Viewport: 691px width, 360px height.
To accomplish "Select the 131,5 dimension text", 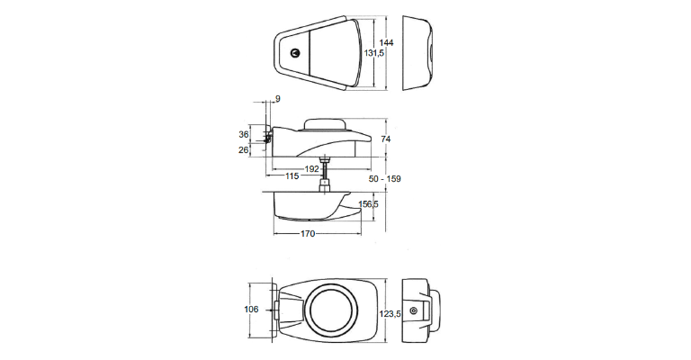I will pyautogui.click(x=373, y=54).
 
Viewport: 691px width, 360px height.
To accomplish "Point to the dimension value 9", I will pyautogui.click(x=278, y=98).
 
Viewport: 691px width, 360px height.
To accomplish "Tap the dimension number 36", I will pyautogui.click(x=243, y=134).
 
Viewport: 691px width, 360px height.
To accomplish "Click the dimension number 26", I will pyautogui.click(x=243, y=150).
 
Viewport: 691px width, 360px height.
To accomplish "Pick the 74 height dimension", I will pyautogui.click(x=387, y=139).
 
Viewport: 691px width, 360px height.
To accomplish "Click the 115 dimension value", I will pyautogui.click(x=292, y=176).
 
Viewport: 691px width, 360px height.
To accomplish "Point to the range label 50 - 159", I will pyautogui.click(x=385, y=179).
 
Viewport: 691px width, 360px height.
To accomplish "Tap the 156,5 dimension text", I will pyautogui.click(x=368, y=205).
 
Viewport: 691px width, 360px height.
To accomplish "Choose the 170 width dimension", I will pyautogui.click(x=308, y=235).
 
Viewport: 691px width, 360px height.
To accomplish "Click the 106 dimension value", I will pyautogui.click(x=251, y=310).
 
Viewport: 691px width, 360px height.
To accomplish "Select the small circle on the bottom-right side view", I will pyautogui.click(x=413, y=310).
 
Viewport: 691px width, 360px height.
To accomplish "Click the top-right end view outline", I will pyautogui.click(x=417, y=53).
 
